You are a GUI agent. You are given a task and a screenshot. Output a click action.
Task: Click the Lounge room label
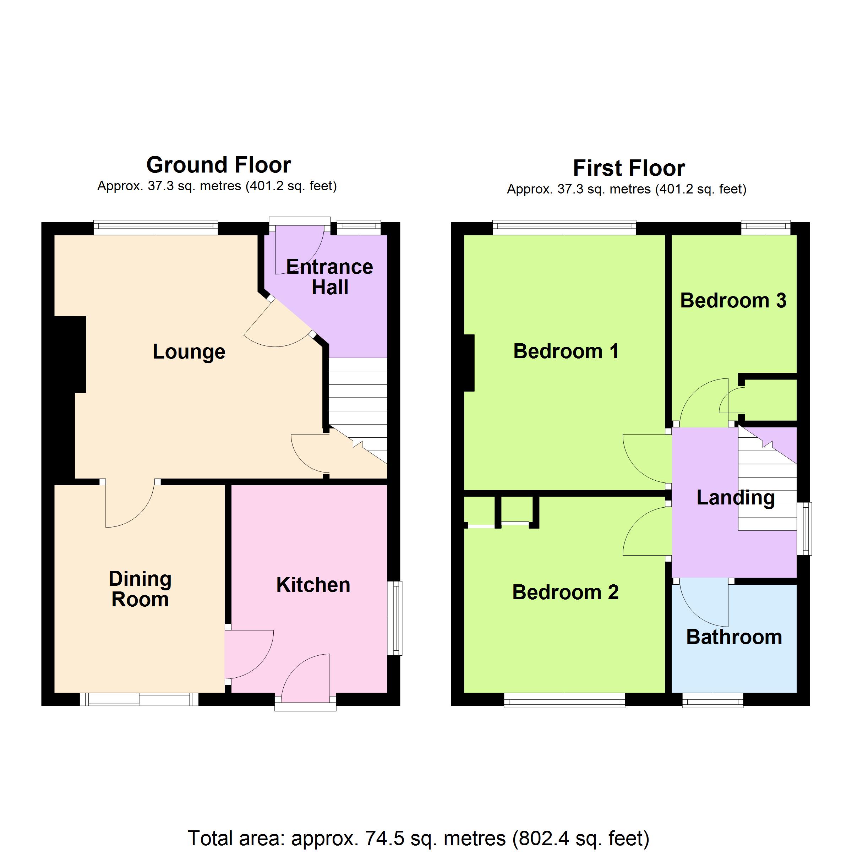189,352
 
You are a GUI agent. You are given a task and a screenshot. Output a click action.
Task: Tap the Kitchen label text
313,585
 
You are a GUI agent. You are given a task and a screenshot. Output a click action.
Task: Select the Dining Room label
140,589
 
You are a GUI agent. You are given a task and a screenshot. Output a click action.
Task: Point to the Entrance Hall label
329,277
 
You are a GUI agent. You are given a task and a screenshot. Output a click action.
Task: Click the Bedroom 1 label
566,351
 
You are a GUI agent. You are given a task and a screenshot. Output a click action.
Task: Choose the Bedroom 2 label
566,592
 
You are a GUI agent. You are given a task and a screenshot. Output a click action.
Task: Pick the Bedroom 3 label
733,300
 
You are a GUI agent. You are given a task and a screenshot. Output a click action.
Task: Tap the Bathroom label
734,637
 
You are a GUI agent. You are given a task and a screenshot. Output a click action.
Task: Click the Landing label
736,498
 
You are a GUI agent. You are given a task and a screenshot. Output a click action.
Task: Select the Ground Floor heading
218,165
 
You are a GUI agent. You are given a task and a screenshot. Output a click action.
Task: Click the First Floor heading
629,168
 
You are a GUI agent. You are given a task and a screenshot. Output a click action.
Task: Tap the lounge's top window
156,227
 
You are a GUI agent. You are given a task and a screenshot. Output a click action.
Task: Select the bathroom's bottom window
712,700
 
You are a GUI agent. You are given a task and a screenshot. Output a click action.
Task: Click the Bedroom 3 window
766,227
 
